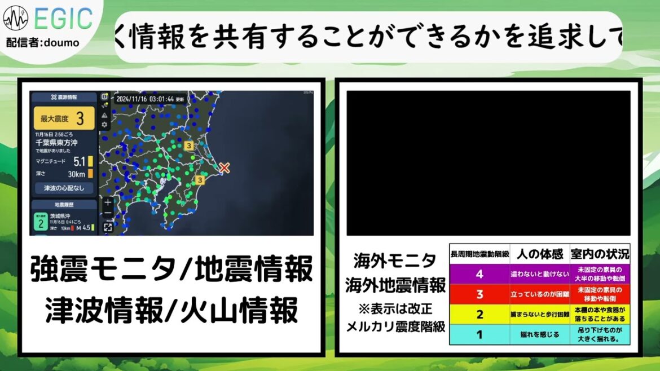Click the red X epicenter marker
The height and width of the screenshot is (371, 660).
[x=225, y=167]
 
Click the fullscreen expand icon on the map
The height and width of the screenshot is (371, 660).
[x=108, y=227]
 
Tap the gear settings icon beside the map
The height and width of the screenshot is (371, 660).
[x=105, y=124]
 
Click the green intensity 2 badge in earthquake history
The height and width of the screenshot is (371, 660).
[x=39, y=223]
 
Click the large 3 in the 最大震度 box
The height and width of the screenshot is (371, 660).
[x=81, y=119]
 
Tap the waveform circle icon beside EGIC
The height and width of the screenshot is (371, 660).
[x=15, y=19]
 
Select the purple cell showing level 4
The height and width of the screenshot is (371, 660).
[x=479, y=275]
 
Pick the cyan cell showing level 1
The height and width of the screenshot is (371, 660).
[x=479, y=334]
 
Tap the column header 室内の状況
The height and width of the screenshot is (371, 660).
[x=599, y=254]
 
